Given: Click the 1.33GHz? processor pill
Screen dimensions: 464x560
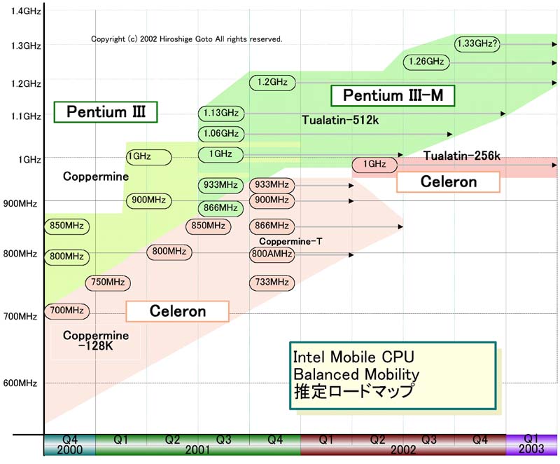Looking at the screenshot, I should tap(477, 43).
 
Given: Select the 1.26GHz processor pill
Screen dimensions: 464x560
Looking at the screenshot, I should tap(426, 62).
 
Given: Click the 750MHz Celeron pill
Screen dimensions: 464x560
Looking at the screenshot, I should tap(108, 282).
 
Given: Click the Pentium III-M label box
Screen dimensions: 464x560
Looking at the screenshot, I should tap(393, 95).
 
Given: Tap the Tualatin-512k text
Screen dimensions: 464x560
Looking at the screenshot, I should tap(340, 121).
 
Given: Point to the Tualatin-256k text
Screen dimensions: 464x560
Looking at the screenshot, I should tap(455, 155).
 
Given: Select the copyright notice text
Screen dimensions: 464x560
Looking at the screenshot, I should tap(187, 39).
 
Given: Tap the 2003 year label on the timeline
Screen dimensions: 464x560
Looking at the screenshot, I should tap(532, 450).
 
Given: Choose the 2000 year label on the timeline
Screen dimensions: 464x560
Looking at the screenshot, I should tap(69, 450).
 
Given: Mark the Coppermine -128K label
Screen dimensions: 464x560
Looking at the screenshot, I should tap(96, 341).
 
